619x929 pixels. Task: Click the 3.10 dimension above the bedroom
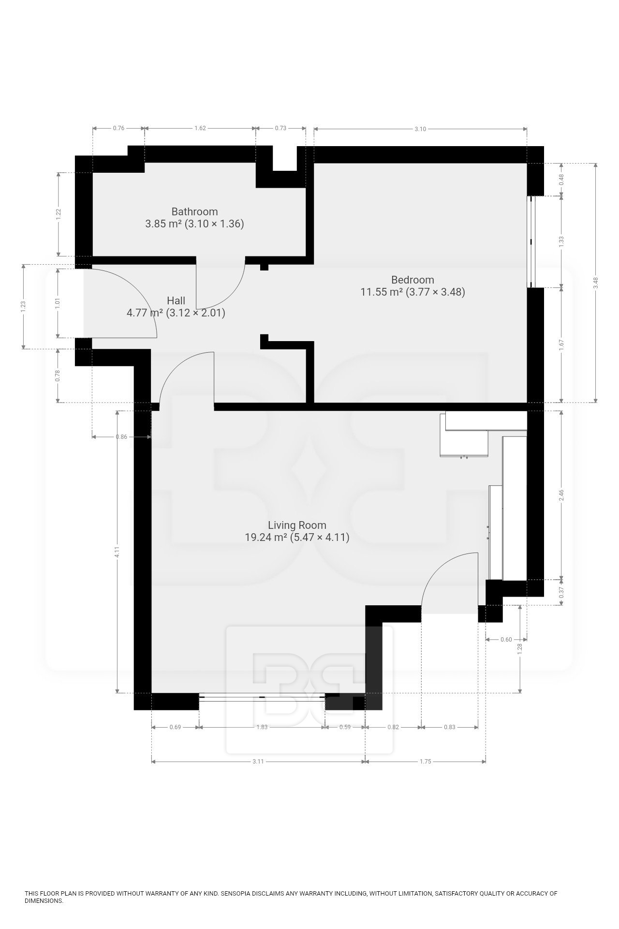coord(420,129)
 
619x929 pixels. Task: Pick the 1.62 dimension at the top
coord(200,128)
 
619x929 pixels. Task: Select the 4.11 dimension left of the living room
coord(118,552)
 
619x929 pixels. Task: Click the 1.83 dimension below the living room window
coord(262,727)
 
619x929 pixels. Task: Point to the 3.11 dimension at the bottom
coord(258,761)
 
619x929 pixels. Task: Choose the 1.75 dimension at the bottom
coord(425,761)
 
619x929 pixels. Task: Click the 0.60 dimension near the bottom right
coord(506,639)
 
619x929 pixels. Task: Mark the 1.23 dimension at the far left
coord(23,306)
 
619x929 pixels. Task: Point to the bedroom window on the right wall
coord(531,241)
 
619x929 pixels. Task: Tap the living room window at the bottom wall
coord(262,697)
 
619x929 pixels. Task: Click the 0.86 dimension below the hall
coord(121,437)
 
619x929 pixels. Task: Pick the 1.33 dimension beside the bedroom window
coord(561,241)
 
